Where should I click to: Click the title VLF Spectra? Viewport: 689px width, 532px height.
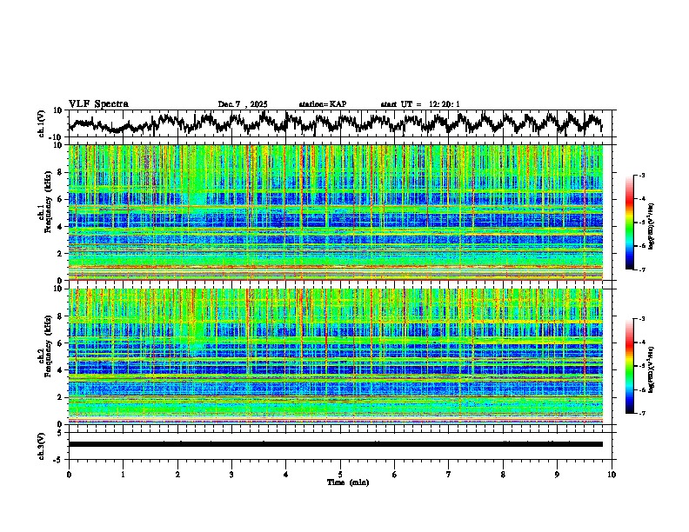pyautogui.click(x=98, y=104)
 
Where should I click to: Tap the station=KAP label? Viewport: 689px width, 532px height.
pyautogui.click(x=322, y=104)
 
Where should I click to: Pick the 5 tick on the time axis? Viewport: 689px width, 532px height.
pyautogui.click(x=340, y=474)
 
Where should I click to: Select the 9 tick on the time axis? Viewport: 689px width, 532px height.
pyautogui.click(x=558, y=474)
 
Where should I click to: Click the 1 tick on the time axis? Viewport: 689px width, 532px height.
pyautogui.click(x=123, y=474)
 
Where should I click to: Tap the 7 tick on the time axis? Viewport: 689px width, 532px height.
pyautogui.click(x=449, y=474)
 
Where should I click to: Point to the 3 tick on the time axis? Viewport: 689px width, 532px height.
pyautogui.click(x=231, y=474)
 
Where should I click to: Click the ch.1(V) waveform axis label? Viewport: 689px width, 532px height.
pyautogui.click(x=42, y=124)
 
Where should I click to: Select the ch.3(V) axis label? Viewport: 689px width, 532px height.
pyautogui.click(x=42, y=443)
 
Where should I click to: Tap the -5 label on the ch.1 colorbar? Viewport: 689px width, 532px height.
pyautogui.click(x=643, y=223)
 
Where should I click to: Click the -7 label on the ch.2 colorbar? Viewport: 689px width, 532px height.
pyautogui.click(x=643, y=414)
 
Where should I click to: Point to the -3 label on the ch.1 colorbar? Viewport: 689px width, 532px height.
pyautogui.click(x=643, y=176)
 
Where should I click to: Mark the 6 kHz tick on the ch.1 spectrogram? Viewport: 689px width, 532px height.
pyautogui.click(x=58, y=199)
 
